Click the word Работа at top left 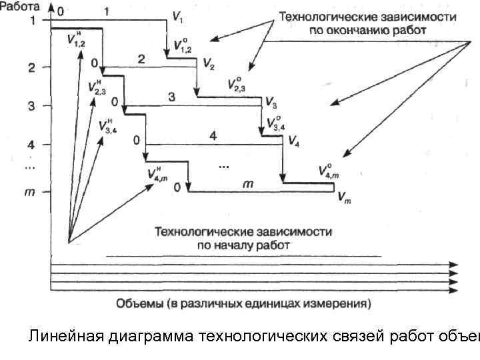pyautogui.click(x=23, y=6)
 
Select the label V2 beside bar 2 pyautogui.click(x=209, y=65)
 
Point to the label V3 pyautogui.click(x=271, y=103)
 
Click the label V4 pyautogui.click(x=293, y=142)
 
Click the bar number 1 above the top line pyautogui.click(x=107, y=11)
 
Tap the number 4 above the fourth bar pyautogui.click(x=213, y=136)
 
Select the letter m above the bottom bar pyautogui.click(x=247, y=183)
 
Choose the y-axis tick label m pyautogui.click(x=30, y=192)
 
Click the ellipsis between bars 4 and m pyautogui.click(x=223, y=165)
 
